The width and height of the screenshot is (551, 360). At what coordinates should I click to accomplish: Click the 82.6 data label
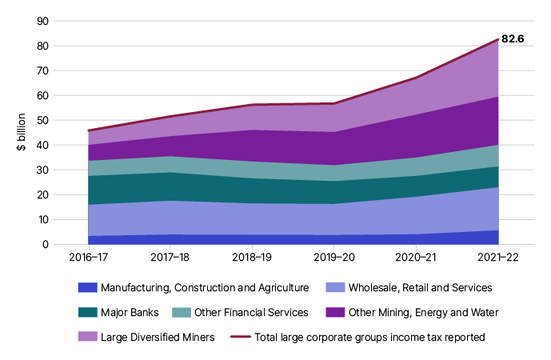tap(513, 38)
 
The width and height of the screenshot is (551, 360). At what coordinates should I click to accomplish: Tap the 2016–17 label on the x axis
tap(88, 258)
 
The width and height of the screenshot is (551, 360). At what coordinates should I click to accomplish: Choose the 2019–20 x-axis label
tap(333, 258)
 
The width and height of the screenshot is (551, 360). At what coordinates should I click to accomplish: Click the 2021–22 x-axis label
tap(497, 258)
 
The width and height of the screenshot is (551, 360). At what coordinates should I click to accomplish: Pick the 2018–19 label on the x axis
tap(252, 258)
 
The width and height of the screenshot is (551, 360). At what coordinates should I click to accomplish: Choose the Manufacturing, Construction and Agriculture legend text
tap(205, 286)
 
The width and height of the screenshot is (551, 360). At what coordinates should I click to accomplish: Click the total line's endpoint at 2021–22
tap(497, 39)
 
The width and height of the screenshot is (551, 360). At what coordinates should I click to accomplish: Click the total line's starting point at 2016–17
tap(88, 130)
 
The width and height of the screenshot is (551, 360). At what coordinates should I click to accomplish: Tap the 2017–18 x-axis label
tap(170, 258)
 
